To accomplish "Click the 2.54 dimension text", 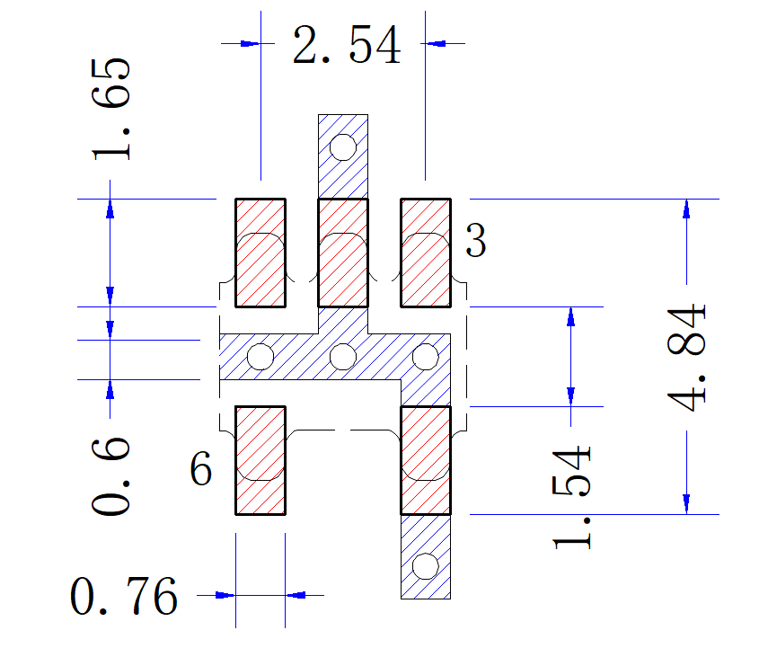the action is [x=347, y=45].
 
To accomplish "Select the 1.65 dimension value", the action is [x=111, y=109].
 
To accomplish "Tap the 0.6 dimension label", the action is [x=111, y=476].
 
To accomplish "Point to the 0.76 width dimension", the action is [x=124, y=596].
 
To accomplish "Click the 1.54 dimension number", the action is [x=571, y=497].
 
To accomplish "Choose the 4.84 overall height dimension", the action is [x=686, y=358].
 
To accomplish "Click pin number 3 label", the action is [x=475, y=240].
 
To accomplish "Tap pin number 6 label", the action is [x=201, y=468].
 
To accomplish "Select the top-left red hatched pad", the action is [x=260, y=253].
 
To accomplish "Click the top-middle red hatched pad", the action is [x=343, y=253].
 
